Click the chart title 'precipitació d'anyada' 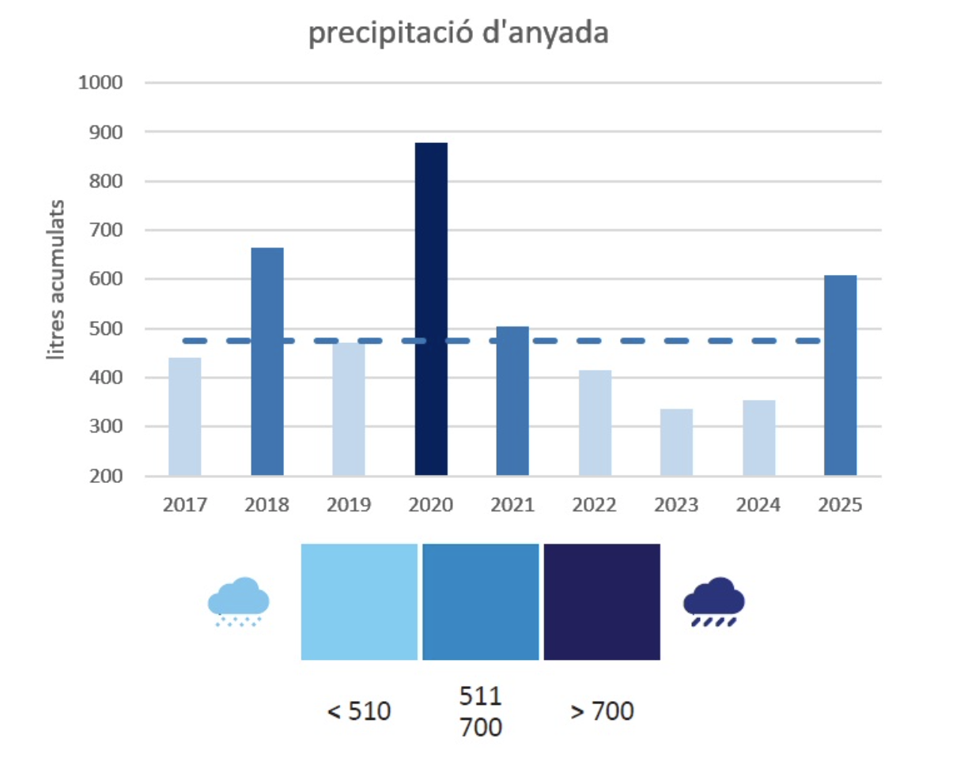[x=458, y=35]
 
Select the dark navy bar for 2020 [x=431, y=308]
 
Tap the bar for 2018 [x=267, y=361]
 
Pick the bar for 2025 [x=840, y=375]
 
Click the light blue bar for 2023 [x=676, y=442]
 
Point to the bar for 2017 [x=184, y=416]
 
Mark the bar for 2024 [x=758, y=438]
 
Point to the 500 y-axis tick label [x=109, y=329]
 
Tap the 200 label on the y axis [x=109, y=477]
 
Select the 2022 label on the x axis [x=595, y=505]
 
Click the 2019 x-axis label [x=349, y=505]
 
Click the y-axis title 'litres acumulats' [x=58, y=279]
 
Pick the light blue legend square [x=359, y=601]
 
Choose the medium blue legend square [x=481, y=601]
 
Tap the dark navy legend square [x=602, y=601]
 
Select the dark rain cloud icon [x=713, y=602]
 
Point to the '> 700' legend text [x=602, y=711]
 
